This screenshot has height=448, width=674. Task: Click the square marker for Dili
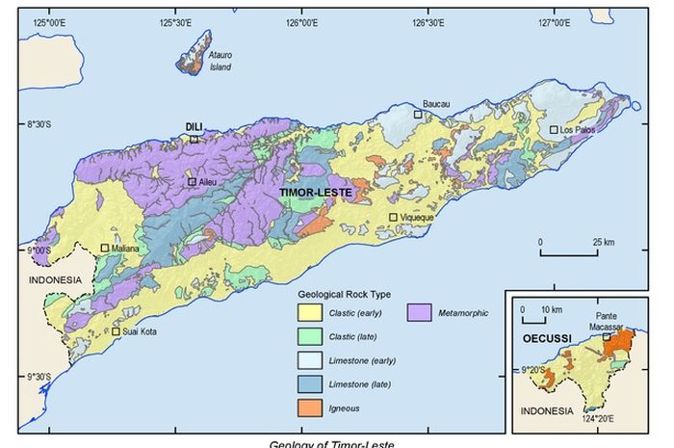coord(194,139)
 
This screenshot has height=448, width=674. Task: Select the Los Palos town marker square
coord(554,129)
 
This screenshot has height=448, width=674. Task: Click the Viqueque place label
coord(418,218)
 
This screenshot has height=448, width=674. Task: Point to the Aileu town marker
coord(193,181)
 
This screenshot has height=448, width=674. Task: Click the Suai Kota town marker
coord(117,331)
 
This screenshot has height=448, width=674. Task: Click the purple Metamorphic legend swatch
coord(418,313)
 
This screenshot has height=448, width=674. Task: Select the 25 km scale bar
coord(571,253)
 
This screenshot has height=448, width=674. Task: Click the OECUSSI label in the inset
coord(542,340)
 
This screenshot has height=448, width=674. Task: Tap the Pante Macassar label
coord(608,322)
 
